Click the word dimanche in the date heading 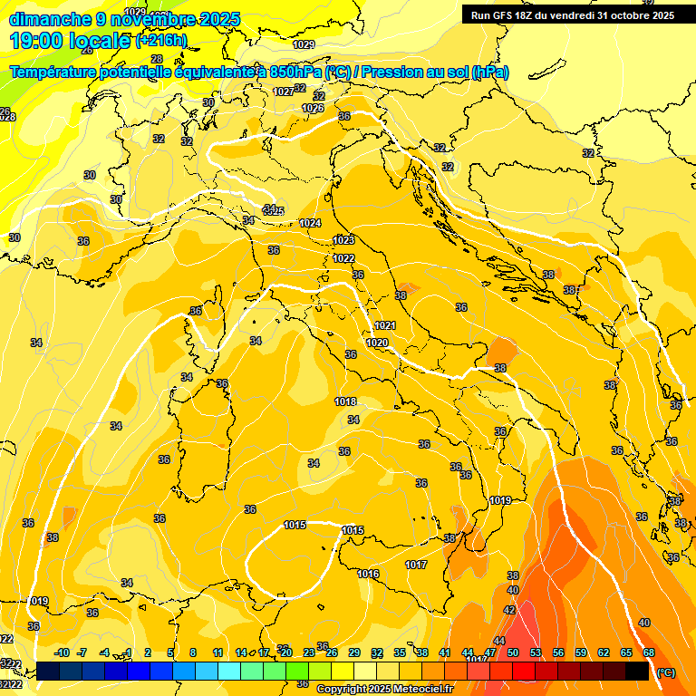pyautogui.click(x=50, y=19)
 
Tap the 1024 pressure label pyautogui.click(x=310, y=223)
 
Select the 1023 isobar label pyautogui.click(x=343, y=240)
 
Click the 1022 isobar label pyautogui.click(x=343, y=258)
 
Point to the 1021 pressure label pyautogui.click(x=385, y=325)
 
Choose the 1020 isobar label pyautogui.click(x=377, y=343)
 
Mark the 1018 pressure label pyautogui.click(x=345, y=401)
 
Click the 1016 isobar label pyautogui.click(x=368, y=574)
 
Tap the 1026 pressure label pyautogui.click(x=313, y=108)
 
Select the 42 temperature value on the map pyautogui.click(x=509, y=610)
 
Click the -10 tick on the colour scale pyautogui.click(x=62, y=652)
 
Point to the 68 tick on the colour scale pyautogui.click(x=649, y=652)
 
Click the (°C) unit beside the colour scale pyautogui.click(x=666, y=672)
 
